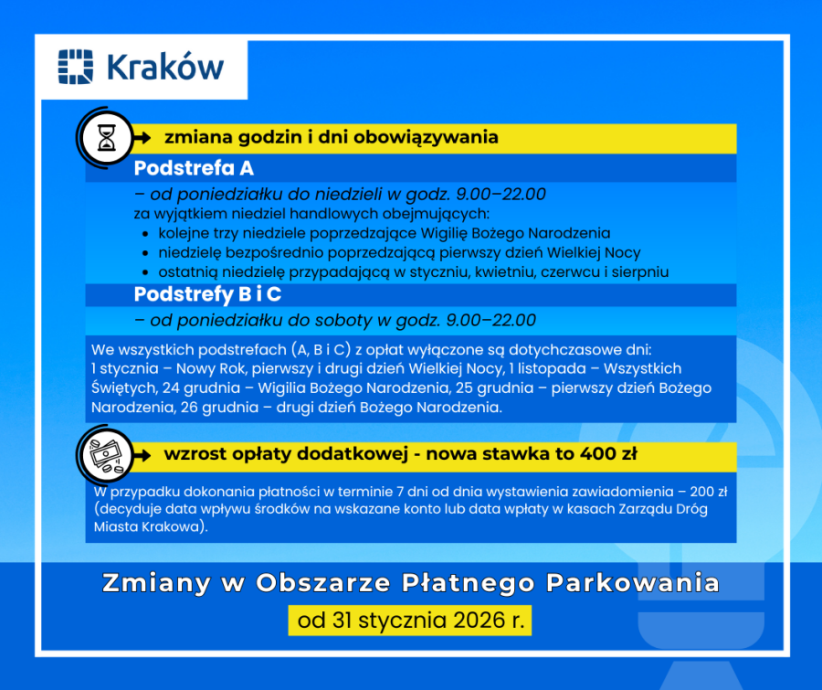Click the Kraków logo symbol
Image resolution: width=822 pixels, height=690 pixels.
[x=76, y=67]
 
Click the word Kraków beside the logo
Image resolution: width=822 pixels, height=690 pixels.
[x=165, y=68]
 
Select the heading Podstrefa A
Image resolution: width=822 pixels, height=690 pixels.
[x=194, y=169]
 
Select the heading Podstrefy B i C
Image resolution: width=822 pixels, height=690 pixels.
[x=207, y=295]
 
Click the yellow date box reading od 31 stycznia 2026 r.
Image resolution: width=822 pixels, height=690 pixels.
[x=410, y=621]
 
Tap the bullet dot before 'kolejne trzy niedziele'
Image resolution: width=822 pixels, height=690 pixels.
[x=147, y=234]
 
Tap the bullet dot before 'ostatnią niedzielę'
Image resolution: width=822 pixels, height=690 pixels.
[x=147, y=272]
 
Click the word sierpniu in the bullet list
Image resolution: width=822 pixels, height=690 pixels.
[x=639, y=272]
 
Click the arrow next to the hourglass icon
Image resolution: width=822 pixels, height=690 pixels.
[x=141, y=138]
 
